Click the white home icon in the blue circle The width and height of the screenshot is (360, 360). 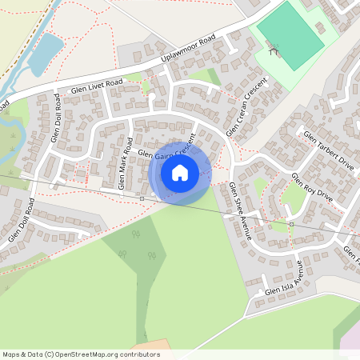pyautogui.click(x=180, y=172)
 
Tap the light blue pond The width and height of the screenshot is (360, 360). pyautogui.click(x=46, y=52)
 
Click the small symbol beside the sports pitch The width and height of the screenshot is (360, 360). pyautogui.click(x=274, y=50)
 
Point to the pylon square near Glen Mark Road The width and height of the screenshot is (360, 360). pyautogui.click(x=142, y=197)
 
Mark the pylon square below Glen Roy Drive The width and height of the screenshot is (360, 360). pyautogui.click(x=290, y=224)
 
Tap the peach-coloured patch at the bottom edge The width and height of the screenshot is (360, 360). pyautogui.click(x=149, y=354)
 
